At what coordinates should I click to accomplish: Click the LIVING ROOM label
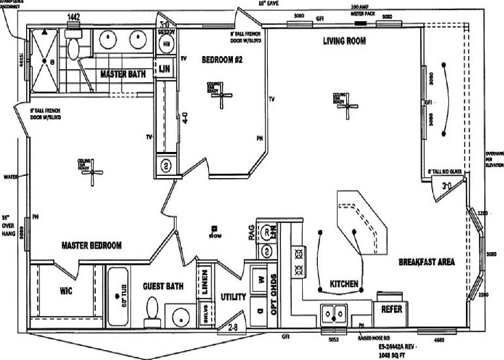point(344,41)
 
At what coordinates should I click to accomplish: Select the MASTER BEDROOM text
point(91,245)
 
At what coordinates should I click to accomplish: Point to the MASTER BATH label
point(122,74)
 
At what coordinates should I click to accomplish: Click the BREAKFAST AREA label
point(427,262)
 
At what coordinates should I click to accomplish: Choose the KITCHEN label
point(344,284)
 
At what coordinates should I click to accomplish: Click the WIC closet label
point(66,291)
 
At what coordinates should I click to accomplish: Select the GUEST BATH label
point(163,286)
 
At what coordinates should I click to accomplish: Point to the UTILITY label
point(233,297)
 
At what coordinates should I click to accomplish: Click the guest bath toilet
point(152,309)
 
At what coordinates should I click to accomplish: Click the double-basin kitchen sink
point(335,313)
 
